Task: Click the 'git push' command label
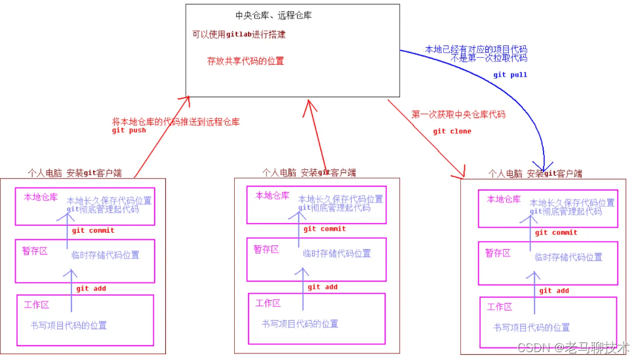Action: click(129, 130)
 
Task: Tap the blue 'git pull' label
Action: click(510, 75)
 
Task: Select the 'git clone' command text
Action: click(452, 131)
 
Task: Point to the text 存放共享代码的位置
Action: click(245, 61)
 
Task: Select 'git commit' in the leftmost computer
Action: click(93, 230)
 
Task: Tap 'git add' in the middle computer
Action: click(323, 287)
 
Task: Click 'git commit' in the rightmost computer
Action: click(556, 232)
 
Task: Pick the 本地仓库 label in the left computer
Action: click(41, 196)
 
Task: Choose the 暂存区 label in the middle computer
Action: click(266, 249)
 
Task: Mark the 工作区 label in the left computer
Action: click(37, 304)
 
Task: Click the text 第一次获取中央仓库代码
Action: click(458, 114)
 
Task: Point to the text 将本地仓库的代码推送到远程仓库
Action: click(176, 121)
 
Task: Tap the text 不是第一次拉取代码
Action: click(489, 58)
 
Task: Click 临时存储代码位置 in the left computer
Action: click(106, 255)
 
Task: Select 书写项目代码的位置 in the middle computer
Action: click(300, 323)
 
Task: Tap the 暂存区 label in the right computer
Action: click(498, 252)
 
